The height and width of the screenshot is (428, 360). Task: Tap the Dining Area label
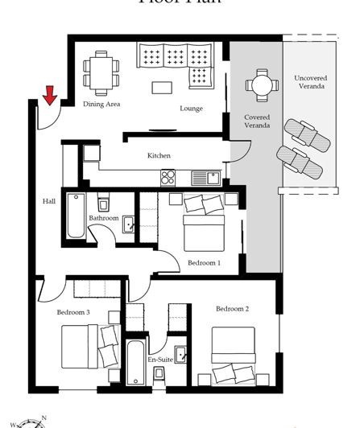pos(101,104)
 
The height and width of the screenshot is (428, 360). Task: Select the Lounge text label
pos(191,109)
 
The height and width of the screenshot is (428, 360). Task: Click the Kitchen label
pos(158,155)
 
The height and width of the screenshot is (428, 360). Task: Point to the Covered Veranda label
pos(257,121)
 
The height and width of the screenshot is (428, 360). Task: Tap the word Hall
pos(49,201)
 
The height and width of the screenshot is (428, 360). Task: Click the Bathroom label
pos(104,218)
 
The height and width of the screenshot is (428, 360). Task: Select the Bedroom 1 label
pos(204,262)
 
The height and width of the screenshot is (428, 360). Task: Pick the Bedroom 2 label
pos(232,308)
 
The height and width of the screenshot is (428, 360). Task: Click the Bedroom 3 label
pos(72,312)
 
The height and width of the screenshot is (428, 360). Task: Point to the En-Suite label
pos(159,359)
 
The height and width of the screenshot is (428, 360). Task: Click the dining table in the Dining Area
pos(101,70)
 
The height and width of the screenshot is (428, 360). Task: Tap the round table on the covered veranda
pos(259,84)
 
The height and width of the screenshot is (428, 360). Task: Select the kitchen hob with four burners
pos(168,177)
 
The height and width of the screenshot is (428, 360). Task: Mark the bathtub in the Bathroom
pos(76,216)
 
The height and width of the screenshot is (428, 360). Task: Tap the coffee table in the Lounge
pos(163,86)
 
